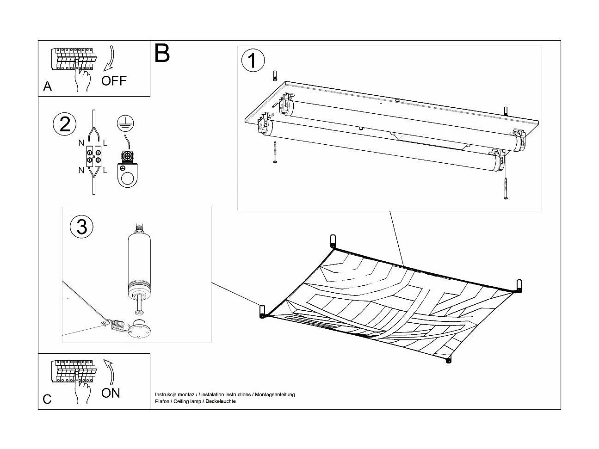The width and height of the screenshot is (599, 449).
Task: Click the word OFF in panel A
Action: pyautogui.click(x=113, y=81)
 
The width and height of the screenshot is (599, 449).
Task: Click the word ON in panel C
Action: pyautogui.click(x=111, y=393)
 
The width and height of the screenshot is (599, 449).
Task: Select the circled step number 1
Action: pyautogui.click(x=253, y=61)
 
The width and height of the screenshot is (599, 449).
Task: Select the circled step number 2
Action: pyautogui.click(x=65, y=124)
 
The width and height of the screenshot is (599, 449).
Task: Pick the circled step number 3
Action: pyautogui.click(x=81, y=227)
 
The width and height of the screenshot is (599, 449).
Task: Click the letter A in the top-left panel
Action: pyautogui.click(x=47, y=86)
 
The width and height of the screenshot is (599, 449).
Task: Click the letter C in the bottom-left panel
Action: pyautogui.click(x=47, y=400)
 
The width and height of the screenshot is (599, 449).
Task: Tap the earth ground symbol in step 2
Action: pyautogui.click(x=123, y=122)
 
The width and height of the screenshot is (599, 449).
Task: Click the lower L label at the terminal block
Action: pyautogui.click(x=105, y=170)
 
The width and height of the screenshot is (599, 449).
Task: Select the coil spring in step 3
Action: pyautogui.click(x=118, y=326)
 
